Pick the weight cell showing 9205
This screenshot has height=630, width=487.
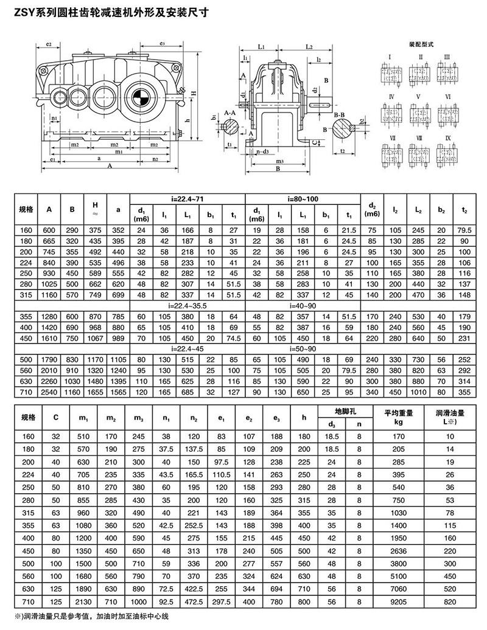coord(399,600)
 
